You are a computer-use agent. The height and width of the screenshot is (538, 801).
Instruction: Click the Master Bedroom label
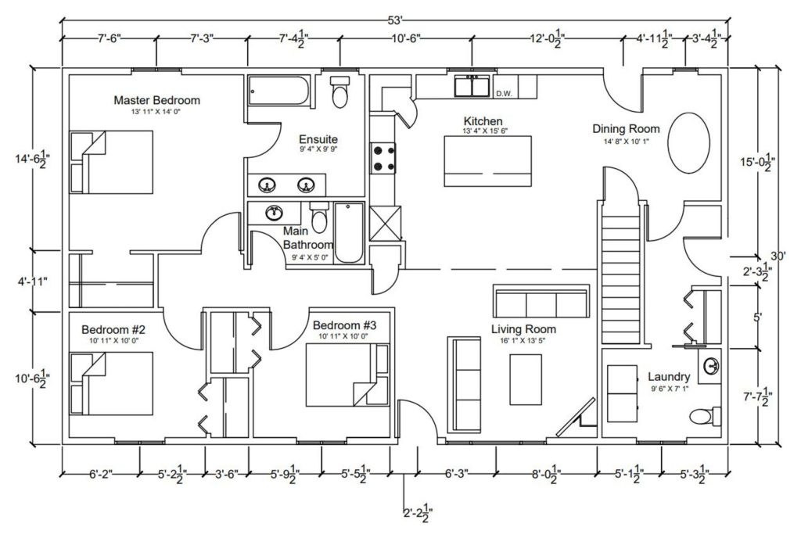pos(156,100)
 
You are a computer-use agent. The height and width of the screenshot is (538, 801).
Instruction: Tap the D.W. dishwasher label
pos(503,94)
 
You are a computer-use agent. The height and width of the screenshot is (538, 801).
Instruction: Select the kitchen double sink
pos(472,85)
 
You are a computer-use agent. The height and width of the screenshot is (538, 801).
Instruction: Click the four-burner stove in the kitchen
pos(383,157)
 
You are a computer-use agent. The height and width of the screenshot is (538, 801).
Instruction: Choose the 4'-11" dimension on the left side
pos(31,279)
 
